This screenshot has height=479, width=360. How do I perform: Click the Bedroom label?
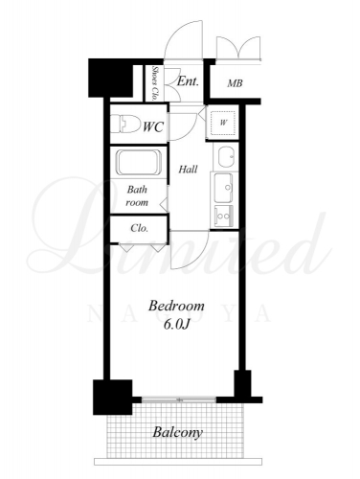click(176, 306)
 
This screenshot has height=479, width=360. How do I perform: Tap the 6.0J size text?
click(177, 324)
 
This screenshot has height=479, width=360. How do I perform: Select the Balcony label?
click(177, 432)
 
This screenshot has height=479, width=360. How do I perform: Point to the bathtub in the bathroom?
click(139, 162)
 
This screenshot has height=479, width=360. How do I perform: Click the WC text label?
click(153, 126)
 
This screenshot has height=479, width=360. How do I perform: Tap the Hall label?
click(188, 169)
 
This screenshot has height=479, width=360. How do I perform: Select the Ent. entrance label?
click(188, 81)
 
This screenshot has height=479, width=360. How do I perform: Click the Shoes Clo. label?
click(155, 83)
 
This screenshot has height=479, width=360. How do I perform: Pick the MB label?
click(235, 83)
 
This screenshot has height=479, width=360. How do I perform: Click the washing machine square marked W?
click(223, 123)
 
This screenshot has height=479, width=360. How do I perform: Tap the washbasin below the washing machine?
click(227, 156)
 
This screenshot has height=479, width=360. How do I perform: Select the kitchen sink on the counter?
click(223, 188)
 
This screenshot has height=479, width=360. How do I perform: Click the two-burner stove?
click(223, 216)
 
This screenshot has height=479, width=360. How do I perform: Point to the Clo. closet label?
click(140, 228)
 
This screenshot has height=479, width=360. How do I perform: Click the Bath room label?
click(137, 195)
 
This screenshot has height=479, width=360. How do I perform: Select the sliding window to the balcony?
click(179, 399)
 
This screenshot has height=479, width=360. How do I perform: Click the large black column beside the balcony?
click(112, 397)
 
